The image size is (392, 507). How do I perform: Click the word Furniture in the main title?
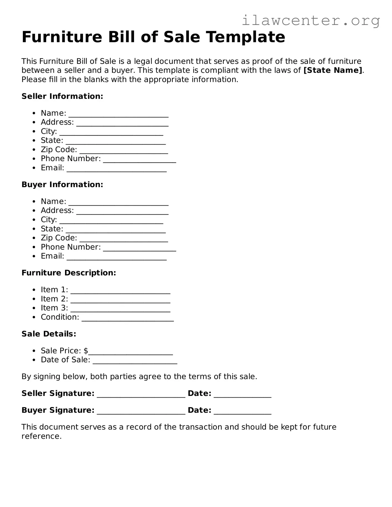pyautogui.click(x=62, y=37)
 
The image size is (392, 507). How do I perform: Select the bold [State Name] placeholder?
pyautogui.click(x=333, y=70)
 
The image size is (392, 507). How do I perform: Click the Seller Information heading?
pyautogui.click(x=62, y=96)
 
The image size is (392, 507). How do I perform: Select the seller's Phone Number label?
pyautogui.click(x=71, y=159)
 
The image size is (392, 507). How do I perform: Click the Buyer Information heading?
pyautogui.click(x=62, y=185)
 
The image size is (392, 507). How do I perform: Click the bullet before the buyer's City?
pyautogui.click(x=34, y=220)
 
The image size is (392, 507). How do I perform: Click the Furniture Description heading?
pyautogui.click(x=69, y=273)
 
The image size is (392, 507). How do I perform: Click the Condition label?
pyautogui.click(x=60, y=317)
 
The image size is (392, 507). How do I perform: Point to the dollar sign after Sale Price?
pyautogui.click(x=86, y=351)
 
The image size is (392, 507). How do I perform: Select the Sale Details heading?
pyautogui.click(x=49, y=334)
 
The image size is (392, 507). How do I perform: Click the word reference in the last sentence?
pyautogui.click(x=41, y=436)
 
